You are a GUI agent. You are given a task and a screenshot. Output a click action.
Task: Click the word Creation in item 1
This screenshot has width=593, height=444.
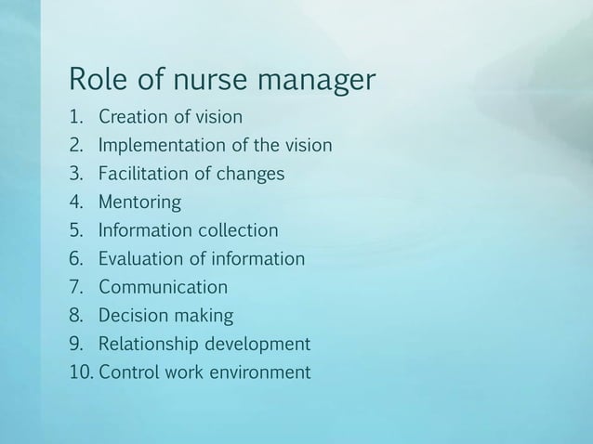[x=136, y=118]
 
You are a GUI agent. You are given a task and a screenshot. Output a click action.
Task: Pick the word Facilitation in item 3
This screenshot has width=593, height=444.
[x=145, y=175]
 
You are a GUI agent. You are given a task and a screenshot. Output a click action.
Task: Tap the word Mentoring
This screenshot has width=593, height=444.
[x=140, y=203]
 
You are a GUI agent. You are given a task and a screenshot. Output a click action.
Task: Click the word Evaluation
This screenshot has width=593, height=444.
[x=141, y=259]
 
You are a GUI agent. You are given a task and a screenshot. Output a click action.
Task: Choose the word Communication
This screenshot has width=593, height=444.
[x=163, y=287]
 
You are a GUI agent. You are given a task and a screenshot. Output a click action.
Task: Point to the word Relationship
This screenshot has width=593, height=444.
[x=149, y=345]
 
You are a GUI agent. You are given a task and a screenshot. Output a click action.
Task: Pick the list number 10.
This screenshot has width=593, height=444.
[x=79, y=373]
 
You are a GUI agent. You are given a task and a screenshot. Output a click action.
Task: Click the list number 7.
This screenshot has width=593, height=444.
[x=74, y=287]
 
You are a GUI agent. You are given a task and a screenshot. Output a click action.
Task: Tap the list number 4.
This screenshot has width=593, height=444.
[x=74, y=203]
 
